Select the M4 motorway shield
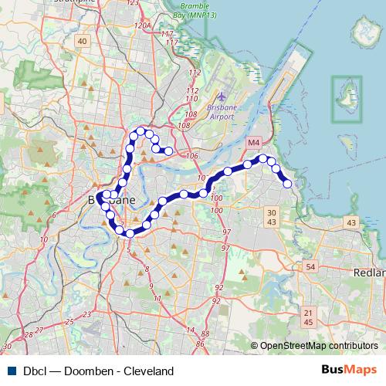click(x=254, y=144)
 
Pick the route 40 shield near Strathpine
click(x=83, y=52)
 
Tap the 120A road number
click(x=141, y=25)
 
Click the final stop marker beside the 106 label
click(x=168, y=151)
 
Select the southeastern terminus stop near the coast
click(x=287, y=183)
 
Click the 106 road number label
click(x=191, y=155)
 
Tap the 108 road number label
click(x=184, y=124)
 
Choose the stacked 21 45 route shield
click(x=309, y=315)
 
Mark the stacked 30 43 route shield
click(x=270, y=217)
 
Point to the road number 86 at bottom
click(x=201, y=342)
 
